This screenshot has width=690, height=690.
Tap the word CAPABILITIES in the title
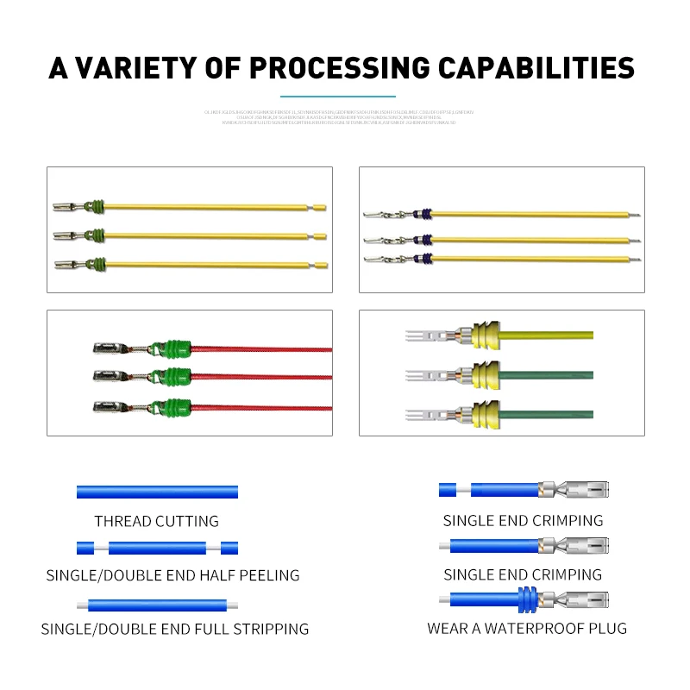pos(536,67)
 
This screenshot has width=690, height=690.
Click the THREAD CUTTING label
pos(156,521)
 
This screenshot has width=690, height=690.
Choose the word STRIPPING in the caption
pos(267,629)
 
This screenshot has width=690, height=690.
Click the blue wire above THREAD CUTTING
pos(156,492)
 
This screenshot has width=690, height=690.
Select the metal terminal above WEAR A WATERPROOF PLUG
pos(573,599)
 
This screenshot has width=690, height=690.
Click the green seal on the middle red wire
pos(171,377)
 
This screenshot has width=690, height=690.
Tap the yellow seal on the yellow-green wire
pos(485,336)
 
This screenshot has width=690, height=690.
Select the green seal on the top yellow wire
pos(97,207)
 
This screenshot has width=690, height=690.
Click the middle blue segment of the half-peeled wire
pos(157,548)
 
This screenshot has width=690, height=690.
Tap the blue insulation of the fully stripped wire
pos(157,605)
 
